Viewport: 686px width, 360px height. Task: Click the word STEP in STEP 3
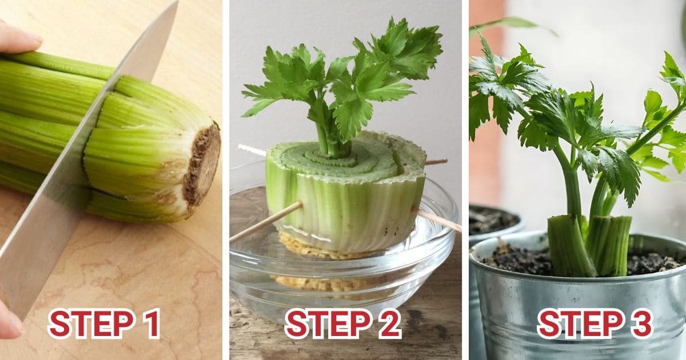click(x=577, y=323)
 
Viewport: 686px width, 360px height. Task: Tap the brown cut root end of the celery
click(x=203, y=165)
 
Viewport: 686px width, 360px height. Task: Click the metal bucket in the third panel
click(x=572, y=320)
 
